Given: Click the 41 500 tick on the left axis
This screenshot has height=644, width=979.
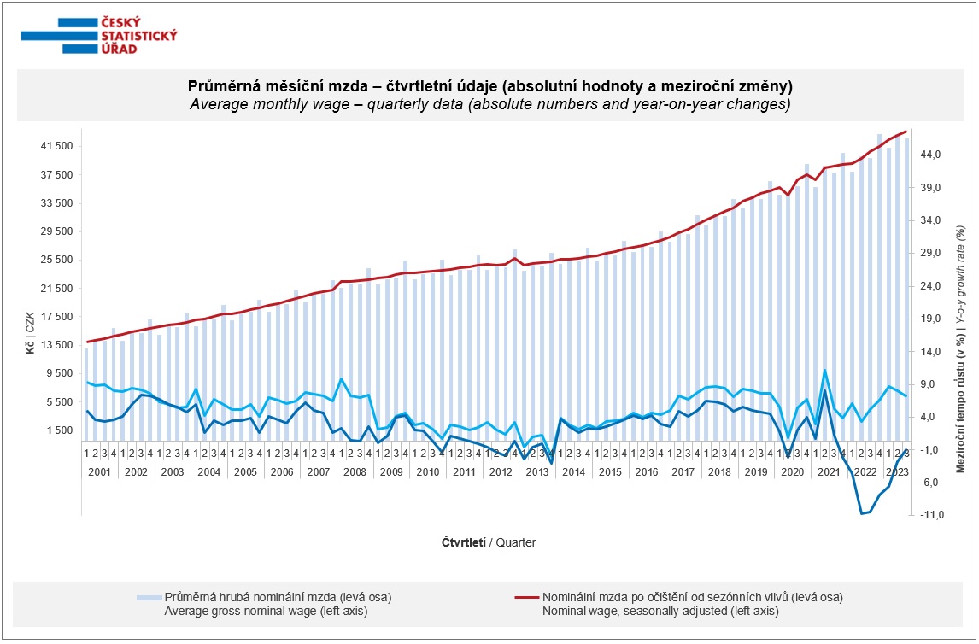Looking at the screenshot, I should [x=56, y=147].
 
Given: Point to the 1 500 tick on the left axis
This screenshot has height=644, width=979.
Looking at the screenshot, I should [x=59, y=430].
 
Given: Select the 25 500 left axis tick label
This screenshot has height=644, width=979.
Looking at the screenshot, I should [x=56, y=261].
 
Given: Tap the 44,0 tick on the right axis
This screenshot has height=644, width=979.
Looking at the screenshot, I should [x=930, y=155].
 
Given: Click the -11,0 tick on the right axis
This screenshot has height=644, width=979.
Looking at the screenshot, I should [x=930, y=515].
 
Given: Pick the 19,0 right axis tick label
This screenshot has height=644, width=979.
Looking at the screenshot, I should [x=930, y=319].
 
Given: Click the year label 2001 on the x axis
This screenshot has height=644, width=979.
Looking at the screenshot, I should [x=101, y=471].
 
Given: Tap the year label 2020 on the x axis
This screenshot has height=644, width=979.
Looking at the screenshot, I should [x=793, y=471].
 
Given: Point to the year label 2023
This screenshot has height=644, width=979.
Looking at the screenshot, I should [x=897, y=471].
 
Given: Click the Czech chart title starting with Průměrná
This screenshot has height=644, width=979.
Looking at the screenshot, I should [x=489, y=87].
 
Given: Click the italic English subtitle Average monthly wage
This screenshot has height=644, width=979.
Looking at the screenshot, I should [x=489, y=105].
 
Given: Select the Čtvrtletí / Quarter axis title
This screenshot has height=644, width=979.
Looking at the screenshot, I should [x=489, y=542].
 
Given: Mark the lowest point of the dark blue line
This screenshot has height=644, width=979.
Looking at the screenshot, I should [x=861, y=514].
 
